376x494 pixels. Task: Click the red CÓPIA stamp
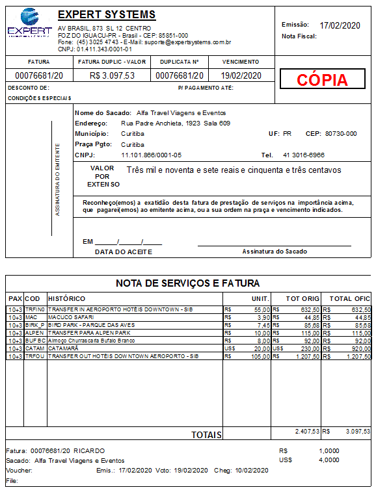pos(322,80)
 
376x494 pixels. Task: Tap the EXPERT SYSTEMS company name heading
pos(107,15)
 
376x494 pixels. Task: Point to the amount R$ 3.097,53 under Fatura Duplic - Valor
pos(113,75)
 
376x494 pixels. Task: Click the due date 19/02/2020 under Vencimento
pos(241,75)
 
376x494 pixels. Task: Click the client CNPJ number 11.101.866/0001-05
pos(151,155)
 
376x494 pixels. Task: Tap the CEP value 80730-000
pos(340,133)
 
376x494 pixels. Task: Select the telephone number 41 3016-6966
pos(304,155)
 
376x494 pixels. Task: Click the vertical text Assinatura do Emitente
pos(57,179)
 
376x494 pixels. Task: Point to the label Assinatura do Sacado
pos(275,251)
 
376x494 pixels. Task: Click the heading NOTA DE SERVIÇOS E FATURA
pos(187,283)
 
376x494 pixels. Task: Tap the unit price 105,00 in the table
pos(258,356)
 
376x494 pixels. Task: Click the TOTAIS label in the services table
pos(206,434)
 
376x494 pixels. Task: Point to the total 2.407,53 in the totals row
pos(307,431)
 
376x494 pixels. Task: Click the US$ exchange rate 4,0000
pos(329,460)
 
